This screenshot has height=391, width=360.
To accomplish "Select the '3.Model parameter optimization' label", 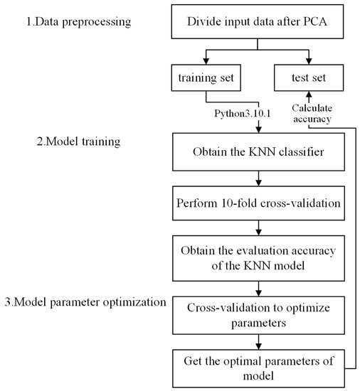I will pyautogui.click(x=84, y=301).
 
